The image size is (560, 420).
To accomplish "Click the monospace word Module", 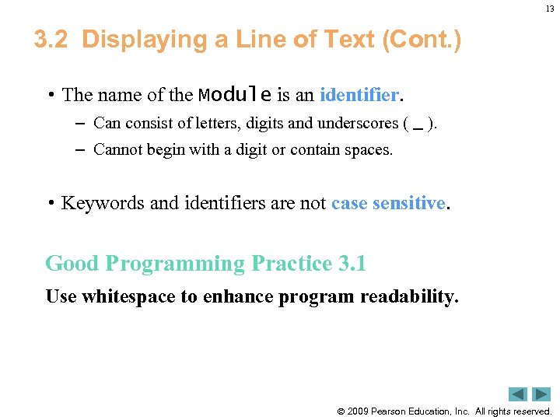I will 235,95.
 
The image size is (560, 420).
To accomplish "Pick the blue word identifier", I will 359,95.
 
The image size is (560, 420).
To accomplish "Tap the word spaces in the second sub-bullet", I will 367,149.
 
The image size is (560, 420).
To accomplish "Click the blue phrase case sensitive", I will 388,203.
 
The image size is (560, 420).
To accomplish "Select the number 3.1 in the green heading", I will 352,264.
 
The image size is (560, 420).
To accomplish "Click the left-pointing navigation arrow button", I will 518,394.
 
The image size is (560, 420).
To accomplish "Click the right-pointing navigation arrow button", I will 541,394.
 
